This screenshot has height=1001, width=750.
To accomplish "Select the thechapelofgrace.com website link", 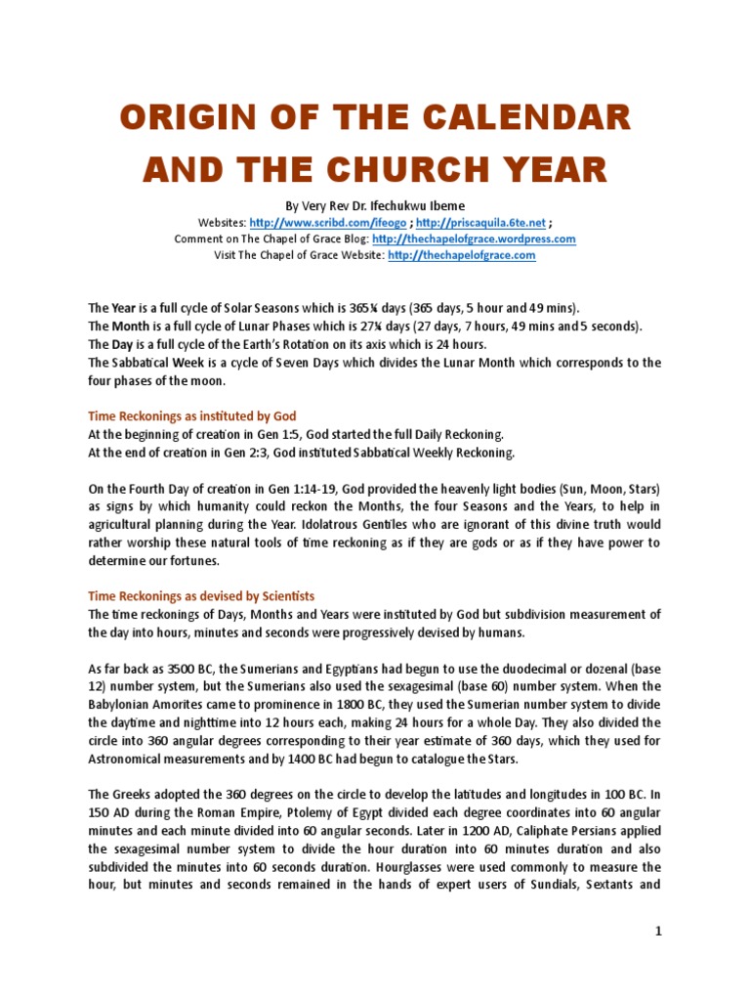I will coord(462,255).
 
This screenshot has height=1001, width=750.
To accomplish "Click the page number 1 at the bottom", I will coord(658,932).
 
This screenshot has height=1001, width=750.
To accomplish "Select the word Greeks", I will coord(131,794).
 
